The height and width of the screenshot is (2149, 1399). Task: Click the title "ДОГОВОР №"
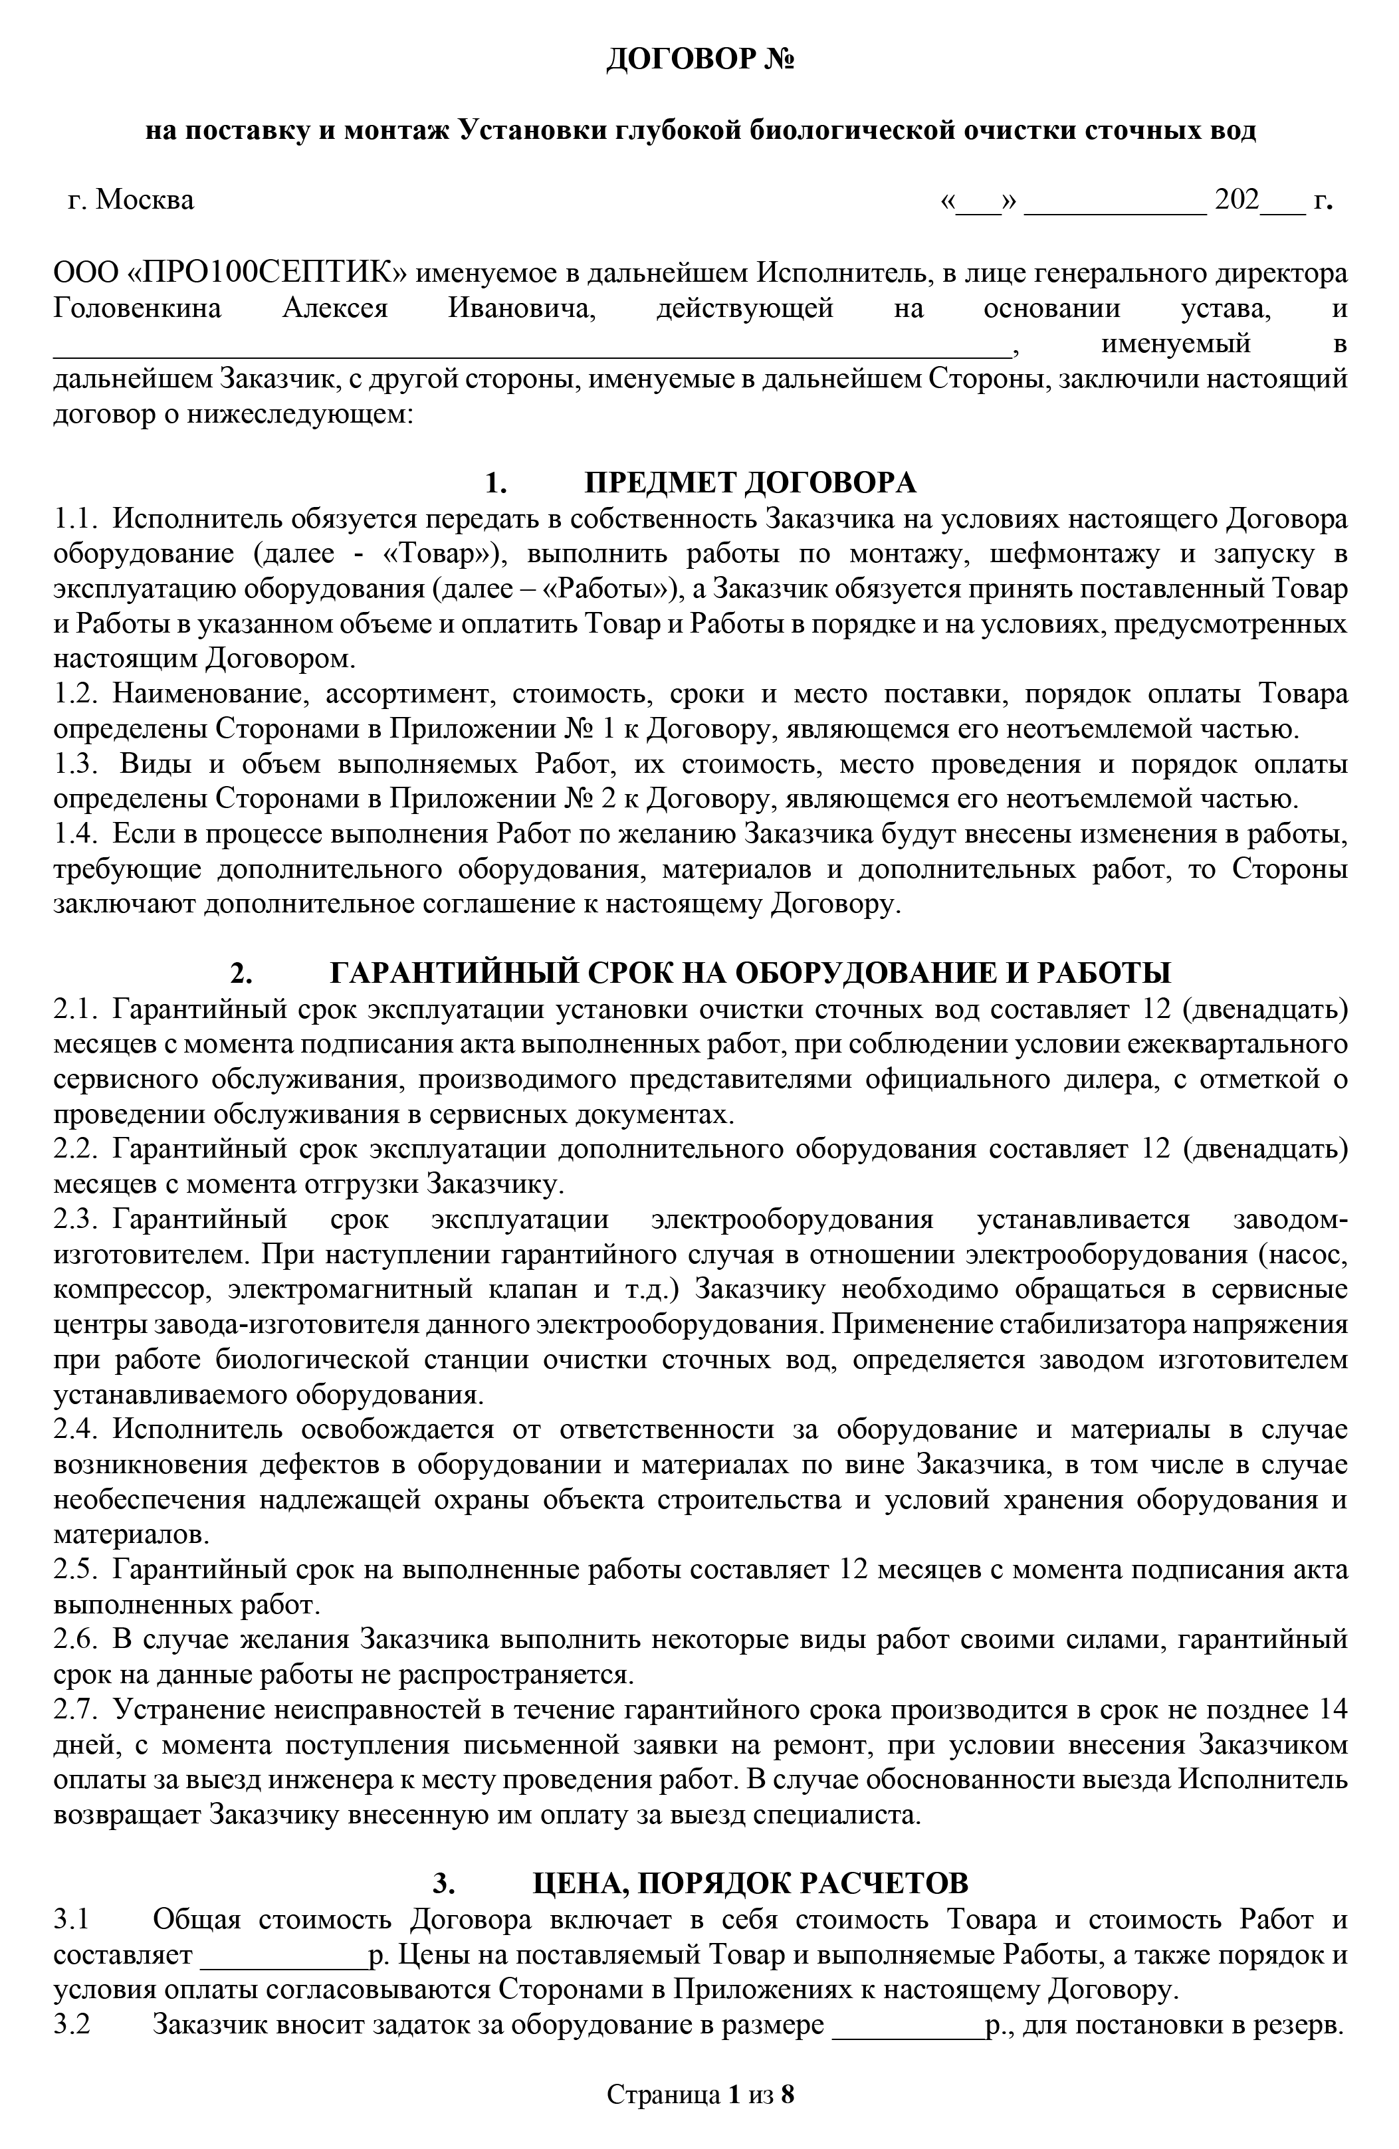699,60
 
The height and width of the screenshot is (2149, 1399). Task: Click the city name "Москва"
144,199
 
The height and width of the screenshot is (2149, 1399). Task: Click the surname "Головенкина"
138,309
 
